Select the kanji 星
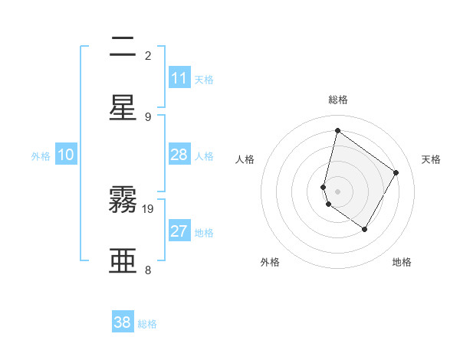coord(123,108)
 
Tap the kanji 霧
coord(123,200)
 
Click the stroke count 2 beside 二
coord(148,56)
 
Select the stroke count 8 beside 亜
coord(148,270)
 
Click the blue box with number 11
coord(179,78)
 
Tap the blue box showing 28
coord(179,155)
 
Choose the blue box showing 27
coord(179,231)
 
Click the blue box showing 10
coord(66,155)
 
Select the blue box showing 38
coord(123,322)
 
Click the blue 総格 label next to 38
coord(147,324)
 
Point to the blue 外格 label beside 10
coord(41,156)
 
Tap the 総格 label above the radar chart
coord(338,100)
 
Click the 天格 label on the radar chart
coord(431,159)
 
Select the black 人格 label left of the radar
coord(245,159)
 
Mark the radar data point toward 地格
coord(365,229)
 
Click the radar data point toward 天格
coord(396,172)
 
